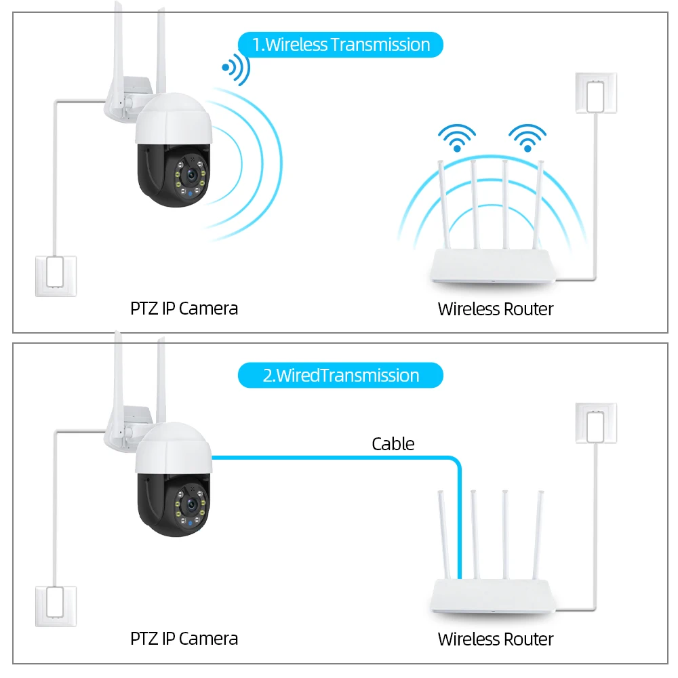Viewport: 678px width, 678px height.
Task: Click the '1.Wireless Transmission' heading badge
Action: tap(340, 45)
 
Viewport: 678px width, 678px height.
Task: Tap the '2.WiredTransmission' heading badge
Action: tap(340, 376)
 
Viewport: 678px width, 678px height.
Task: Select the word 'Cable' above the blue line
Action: tap(393, 444)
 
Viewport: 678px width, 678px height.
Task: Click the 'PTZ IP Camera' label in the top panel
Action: tap(184, 308)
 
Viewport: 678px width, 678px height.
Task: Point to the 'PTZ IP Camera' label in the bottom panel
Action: tap(184, 639)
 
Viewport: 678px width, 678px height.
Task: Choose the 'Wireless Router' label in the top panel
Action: tap(496, 309)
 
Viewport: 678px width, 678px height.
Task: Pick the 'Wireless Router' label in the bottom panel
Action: tap(496, 639)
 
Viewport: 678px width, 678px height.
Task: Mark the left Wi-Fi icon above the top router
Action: tap(456, 137)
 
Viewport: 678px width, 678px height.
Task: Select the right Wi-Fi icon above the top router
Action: tap(527, 137)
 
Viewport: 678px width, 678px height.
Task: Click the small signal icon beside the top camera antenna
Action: tap(235, 68)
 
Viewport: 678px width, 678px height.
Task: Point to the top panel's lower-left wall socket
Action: tap(56, 275)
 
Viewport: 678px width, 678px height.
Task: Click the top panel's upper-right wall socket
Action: tap(596, 94)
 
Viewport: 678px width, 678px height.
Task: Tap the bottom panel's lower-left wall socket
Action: tap(56, 605)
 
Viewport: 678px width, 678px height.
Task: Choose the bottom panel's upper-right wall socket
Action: tap(596, 424)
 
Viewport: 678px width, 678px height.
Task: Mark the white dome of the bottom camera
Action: tap(174, 449)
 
